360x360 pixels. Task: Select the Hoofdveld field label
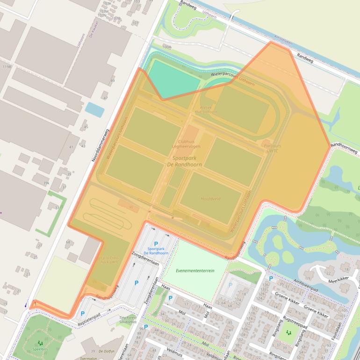[210, 199]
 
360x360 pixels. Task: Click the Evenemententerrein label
[195, 271]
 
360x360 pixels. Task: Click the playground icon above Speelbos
[40, 343]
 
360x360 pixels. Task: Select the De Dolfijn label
[108, 351]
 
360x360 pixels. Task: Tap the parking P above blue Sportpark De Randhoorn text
[156, 244]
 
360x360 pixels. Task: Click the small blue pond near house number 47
[95, 110]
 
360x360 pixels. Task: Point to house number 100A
[166, 47]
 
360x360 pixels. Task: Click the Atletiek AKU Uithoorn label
[206, 110]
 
